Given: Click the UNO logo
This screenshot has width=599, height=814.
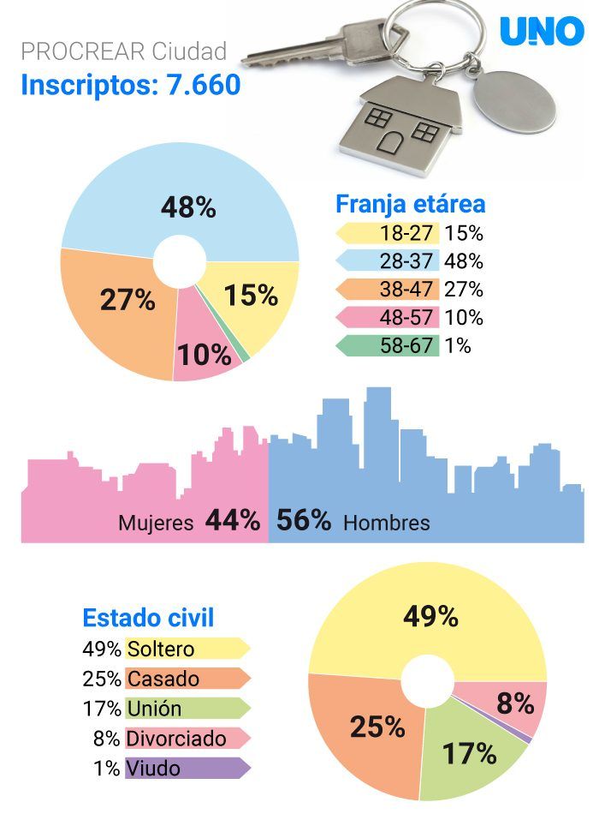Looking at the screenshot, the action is (542, 31).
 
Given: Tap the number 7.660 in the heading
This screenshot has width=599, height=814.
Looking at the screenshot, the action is (204, 85).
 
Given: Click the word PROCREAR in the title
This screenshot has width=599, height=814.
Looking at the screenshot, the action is (83, 51).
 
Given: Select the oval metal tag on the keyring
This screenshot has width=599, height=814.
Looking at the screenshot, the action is (514, 103).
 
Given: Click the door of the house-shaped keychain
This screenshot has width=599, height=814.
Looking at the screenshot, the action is (390, 141).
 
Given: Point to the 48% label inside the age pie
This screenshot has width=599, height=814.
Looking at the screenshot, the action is (188, 207).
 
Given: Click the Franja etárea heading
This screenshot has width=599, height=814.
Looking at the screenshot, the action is (410, 204).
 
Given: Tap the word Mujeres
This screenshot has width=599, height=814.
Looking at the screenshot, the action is (156, 523).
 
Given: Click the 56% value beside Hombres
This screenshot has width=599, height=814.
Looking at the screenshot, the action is (304, 520).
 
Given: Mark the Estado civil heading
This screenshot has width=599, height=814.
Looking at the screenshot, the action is (148, 618).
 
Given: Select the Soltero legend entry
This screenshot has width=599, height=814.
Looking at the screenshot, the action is (187, 649).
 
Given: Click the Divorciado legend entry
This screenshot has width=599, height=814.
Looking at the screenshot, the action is (187, 739).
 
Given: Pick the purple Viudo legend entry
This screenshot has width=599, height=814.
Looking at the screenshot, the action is (187, 769).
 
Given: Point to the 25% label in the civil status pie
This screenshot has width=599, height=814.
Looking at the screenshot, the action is (377, 727).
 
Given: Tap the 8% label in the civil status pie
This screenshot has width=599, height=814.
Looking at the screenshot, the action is (515, 703).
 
